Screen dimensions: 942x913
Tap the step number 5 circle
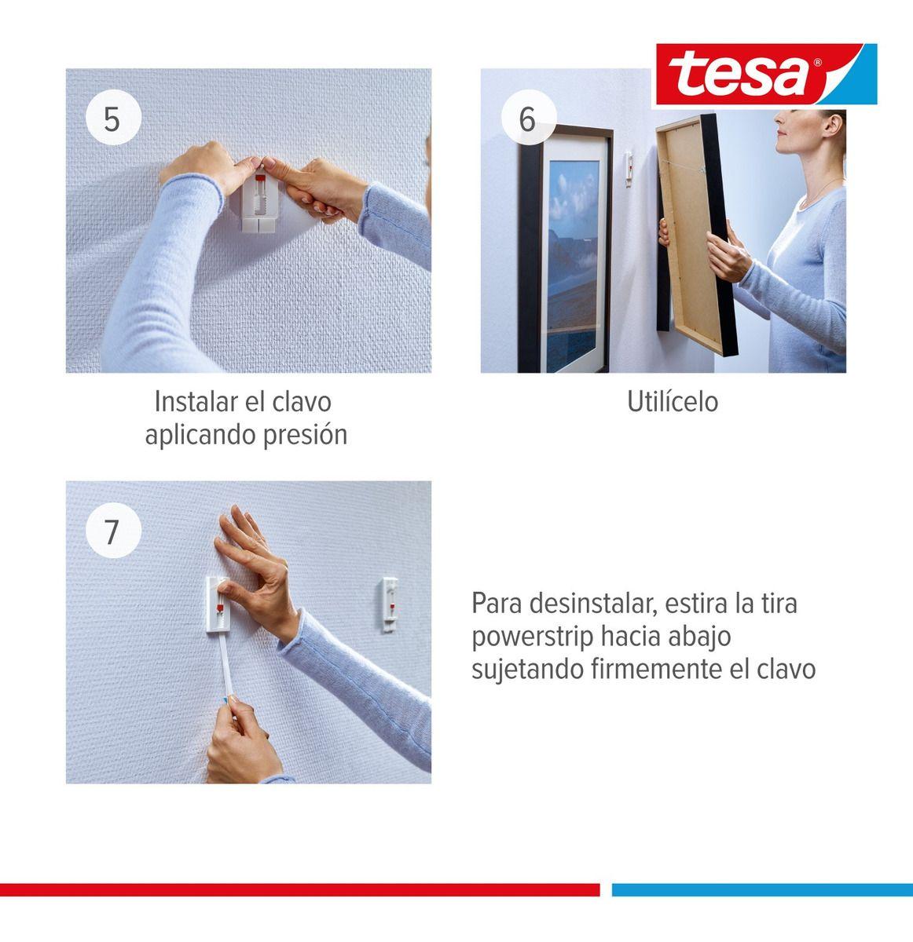click(x=112, y=119)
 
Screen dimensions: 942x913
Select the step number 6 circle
click(x=526, y=119)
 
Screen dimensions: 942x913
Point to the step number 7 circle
click(x=112, y=531)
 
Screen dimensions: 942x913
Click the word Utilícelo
click(x=672, y=402)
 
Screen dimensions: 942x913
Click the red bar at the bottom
click(x=299, y=889)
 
